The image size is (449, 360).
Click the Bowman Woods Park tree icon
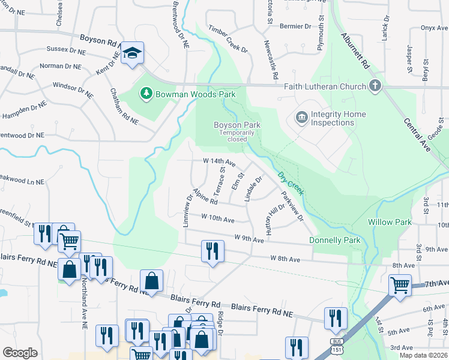[145, 94]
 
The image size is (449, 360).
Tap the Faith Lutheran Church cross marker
[375, 86]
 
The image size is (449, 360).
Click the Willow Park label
[390, 222]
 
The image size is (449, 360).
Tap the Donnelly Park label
[334, 240]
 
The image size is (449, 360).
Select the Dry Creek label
[291, 184]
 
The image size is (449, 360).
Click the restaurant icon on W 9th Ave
[212, 250]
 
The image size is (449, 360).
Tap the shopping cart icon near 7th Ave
[399, 285]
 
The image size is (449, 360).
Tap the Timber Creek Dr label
[228, 38]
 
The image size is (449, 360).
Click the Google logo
[20, 353]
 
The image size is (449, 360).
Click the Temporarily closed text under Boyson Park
[232, 136]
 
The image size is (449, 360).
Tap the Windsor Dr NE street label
[73, 91]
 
